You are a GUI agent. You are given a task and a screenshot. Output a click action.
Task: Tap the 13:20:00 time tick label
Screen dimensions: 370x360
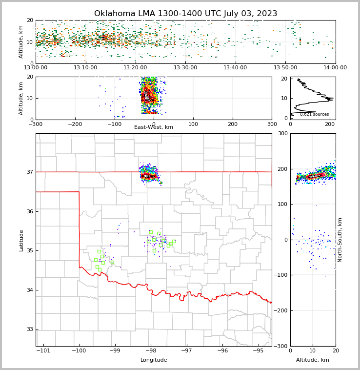tap(135, 67)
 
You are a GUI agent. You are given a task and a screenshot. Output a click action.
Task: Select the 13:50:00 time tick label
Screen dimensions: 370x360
tap(285, 67)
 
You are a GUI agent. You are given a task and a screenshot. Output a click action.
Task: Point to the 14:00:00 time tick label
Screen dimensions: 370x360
tap(335, 67)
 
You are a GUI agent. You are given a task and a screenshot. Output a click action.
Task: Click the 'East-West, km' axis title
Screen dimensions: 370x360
tap(154, 127)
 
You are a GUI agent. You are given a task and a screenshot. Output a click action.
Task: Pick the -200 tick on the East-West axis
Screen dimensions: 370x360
tap(75, 124)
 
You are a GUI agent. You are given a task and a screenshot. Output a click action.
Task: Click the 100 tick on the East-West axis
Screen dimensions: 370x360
tap(193, 124)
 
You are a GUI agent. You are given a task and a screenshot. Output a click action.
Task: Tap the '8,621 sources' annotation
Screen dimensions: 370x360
tap(314, 114)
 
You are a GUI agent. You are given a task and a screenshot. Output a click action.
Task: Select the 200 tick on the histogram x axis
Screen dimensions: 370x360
tap(330, 124)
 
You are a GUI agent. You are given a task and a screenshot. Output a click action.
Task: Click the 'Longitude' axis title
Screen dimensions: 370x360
tap(154, 360)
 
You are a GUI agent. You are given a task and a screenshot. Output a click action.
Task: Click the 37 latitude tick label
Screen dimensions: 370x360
tap(29, 172)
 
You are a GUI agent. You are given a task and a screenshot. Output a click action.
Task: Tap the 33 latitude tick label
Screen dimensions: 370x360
tap(29, 329)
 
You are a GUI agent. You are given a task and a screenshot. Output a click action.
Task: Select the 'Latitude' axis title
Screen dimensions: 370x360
tap(21, 240)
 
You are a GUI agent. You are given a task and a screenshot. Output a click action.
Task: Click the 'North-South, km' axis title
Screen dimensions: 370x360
tap(340, 240)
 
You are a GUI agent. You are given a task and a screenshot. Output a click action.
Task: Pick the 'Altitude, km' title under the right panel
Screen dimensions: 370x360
tap(313, 360)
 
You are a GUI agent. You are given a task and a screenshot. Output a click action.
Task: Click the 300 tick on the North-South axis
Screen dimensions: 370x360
tap(282, 133)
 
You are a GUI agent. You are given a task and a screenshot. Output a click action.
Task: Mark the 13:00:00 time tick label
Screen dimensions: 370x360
tap(36, 67)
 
